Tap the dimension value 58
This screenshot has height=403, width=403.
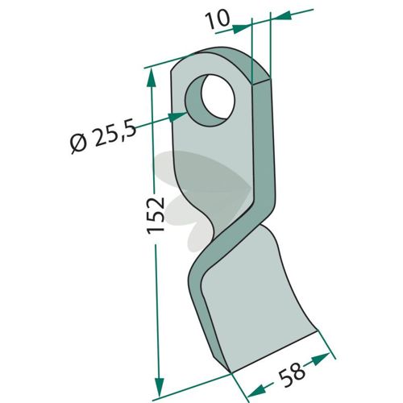tap(292, 374)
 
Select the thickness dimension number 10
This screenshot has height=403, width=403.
tap(218, 19)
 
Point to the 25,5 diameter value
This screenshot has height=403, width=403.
tap(114, 135)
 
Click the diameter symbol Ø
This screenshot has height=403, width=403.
tap(78, 143)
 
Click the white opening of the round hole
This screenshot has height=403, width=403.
tap(218, 96)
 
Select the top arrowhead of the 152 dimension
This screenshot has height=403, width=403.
tap(152, 77)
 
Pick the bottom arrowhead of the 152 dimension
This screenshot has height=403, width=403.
tap(160, 386)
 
